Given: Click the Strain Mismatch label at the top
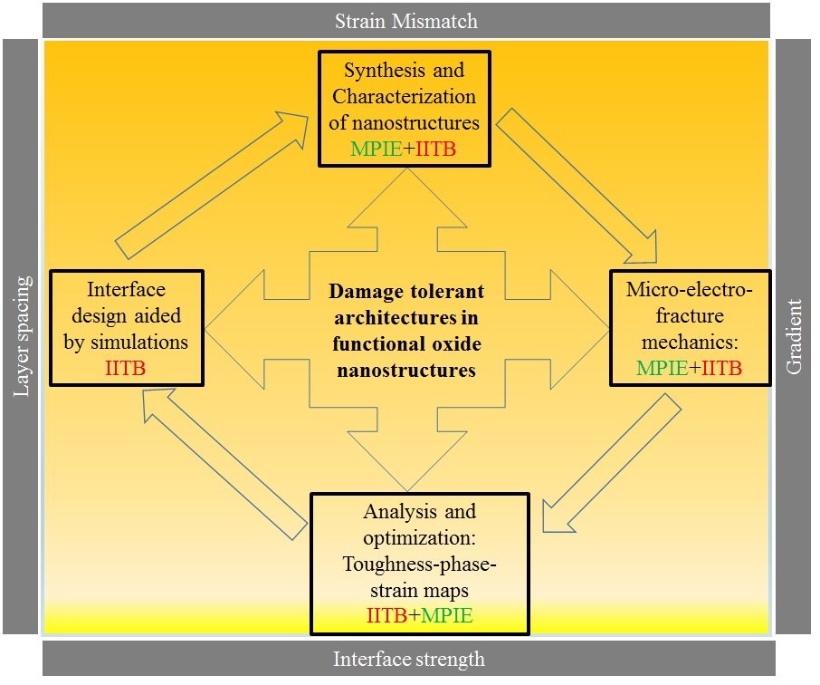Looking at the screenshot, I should (405, 20).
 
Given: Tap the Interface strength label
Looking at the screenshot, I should (408, 659).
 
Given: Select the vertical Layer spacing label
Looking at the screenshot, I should (22, 336).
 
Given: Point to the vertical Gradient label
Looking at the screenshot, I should (795, 336).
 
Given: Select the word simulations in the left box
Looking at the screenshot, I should (148, 342).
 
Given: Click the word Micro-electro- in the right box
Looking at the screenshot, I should (689, 290).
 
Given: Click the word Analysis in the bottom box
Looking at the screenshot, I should (399, 513).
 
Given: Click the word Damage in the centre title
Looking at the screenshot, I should (361, 292).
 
